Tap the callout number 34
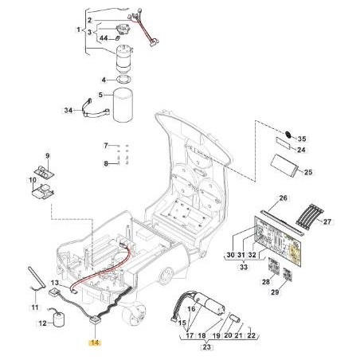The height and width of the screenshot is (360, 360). pyautogui.click(x=68, y=110)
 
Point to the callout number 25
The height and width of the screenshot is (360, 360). pyautogui.click(x=308, y=172)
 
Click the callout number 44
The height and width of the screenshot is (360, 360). pyautogui.click(x=104, y=39)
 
